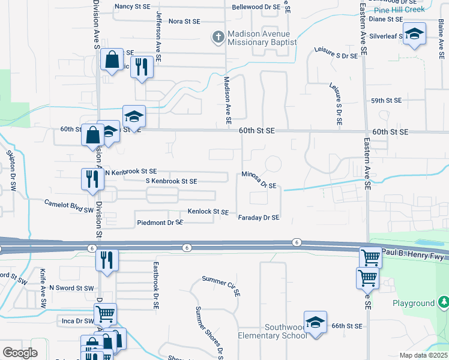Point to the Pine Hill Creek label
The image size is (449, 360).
399,9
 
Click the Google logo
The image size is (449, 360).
20,353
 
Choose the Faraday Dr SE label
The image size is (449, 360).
259,218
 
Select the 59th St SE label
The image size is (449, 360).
385,101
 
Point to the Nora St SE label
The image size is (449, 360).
184,21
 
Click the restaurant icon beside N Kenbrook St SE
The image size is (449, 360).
92,178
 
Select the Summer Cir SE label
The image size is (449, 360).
221,286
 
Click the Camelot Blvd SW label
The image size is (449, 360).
69,206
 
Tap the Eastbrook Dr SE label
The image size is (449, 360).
155,284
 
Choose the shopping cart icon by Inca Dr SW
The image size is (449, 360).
105,313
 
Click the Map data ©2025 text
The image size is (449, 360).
424,355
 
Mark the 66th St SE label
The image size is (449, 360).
347,326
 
